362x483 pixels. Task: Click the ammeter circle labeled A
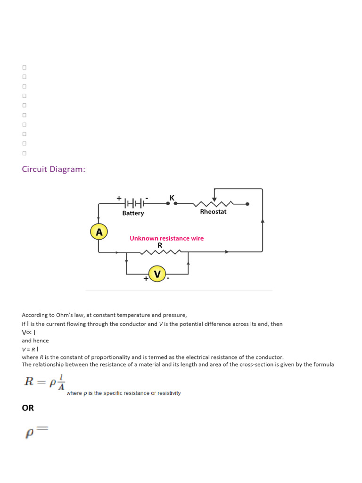tap(99, 232)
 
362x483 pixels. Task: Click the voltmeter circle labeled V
tap(157, 274)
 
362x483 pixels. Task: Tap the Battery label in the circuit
tap(133, 213)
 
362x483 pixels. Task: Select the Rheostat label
tap(213, 212)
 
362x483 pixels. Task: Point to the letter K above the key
tap(172, 197)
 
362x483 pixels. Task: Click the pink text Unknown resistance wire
tap(167, 238)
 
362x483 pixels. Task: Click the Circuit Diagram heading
tap(54, 169)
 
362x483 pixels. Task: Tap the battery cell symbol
tap(134, 204)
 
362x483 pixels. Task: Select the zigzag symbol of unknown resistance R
tap(161, 252)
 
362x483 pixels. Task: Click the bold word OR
tap(28, 408)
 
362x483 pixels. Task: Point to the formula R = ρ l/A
tap(45, 382)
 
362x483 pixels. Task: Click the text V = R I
tap(30, 349)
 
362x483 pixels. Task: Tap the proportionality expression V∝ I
tap(29, 332)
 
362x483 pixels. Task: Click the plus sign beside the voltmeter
tap(146, 279)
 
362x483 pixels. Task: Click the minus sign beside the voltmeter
tap(168, 279)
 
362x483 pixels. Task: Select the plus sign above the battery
tap(119, 198)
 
